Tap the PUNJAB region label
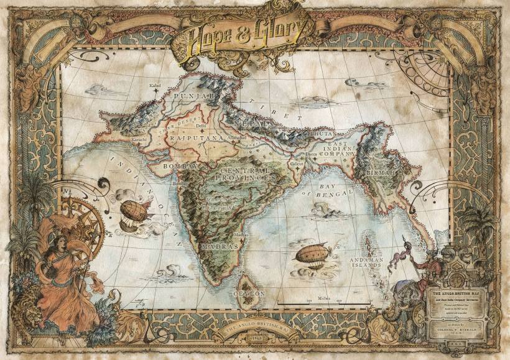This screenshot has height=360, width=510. click(x=195, y=97)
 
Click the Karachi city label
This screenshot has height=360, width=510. click(x=139, y=140)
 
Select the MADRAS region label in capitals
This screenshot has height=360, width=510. click(x=219, y=247)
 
